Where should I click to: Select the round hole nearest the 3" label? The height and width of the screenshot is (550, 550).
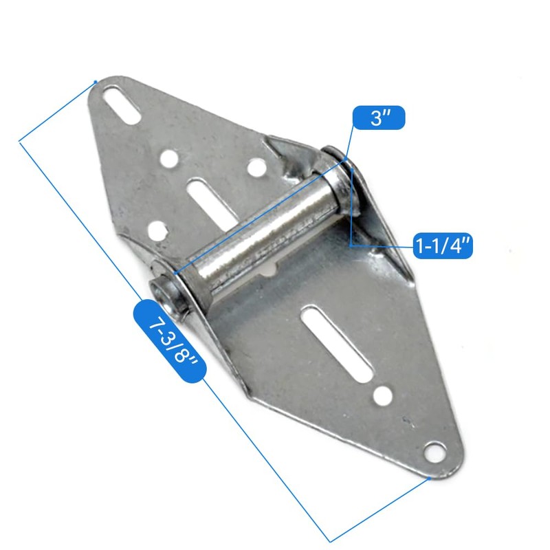click(x=255, y=166)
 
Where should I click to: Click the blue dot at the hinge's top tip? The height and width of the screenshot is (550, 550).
click(x=95, y=82)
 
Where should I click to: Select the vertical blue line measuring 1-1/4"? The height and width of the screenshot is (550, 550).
click(x=352, y=206)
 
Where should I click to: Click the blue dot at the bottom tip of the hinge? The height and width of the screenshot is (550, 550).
click(x=429, y=476)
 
